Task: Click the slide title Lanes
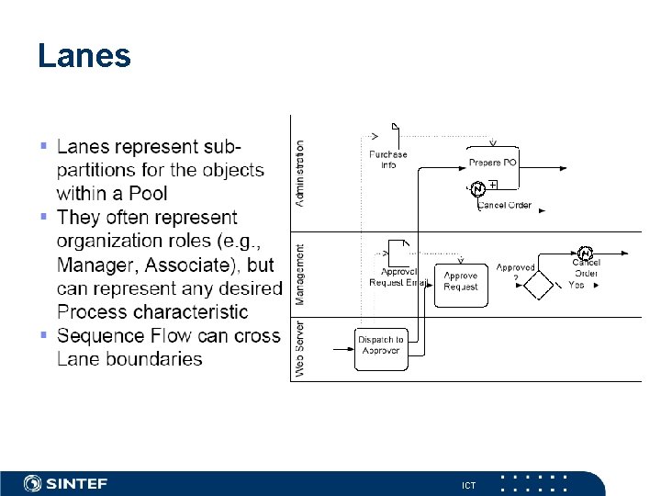click(84, 57)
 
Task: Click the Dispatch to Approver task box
click(381, 348)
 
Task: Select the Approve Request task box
click(460, 282)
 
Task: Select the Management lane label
click(299, 274)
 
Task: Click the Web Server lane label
click(299, 347)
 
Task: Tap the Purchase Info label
click(388, 159)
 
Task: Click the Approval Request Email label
click(398, 277)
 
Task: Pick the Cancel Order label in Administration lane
click(504, 205)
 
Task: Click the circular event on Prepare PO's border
click(477, 189)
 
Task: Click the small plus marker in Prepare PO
click(493, 185)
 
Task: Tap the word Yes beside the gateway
click(577, 285)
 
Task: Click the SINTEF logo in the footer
click(69, 483)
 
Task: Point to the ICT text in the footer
click(468, 485)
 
